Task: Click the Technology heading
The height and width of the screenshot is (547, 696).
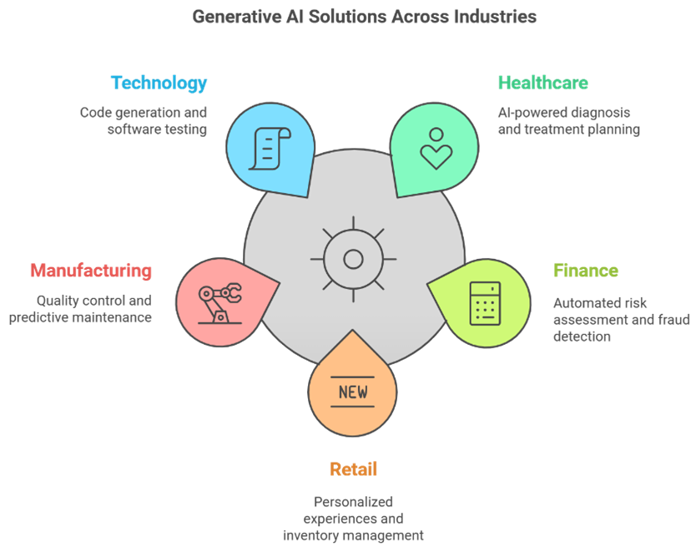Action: (x=159, y=84)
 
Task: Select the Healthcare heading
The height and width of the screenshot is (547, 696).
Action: (x=542, y=83)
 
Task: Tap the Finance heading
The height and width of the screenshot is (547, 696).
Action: (x=586, y=271)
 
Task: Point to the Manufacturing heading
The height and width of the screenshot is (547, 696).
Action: (x=91, y=271)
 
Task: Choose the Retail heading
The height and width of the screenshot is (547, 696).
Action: (x=353, y=469)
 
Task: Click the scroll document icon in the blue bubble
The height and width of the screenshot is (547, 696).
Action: (x=270, y=149)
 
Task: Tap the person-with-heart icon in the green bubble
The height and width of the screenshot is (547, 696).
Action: (x=436, y=149)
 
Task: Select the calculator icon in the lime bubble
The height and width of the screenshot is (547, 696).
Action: (x=485, y=303)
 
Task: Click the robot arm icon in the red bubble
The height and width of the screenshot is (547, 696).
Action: (x=220, y=303)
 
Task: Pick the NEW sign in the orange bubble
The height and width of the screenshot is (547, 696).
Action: (x=353, y=392)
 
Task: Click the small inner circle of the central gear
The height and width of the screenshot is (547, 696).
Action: (x=353, y=260)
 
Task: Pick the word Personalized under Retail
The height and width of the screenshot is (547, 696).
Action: (x=353, y=502)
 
